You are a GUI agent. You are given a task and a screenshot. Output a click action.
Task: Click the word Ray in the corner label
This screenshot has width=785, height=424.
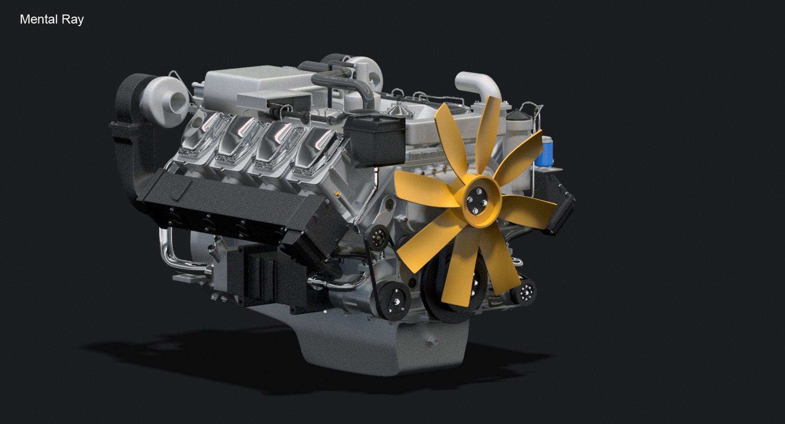[74, 20]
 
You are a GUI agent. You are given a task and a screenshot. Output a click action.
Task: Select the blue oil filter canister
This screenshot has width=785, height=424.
[543, 152]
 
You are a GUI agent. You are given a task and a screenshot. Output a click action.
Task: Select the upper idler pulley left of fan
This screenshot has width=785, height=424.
[379, 237]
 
